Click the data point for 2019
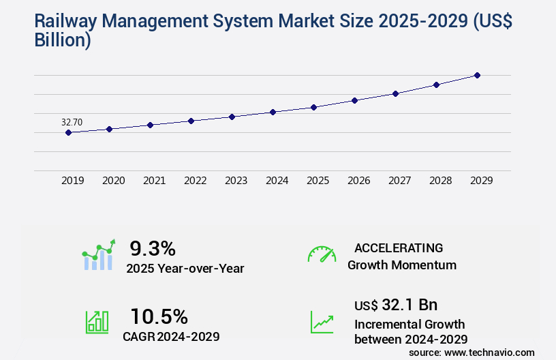click(x=68, y=132)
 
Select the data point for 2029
click(x=477, y=75)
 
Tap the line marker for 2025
click(x=313, y=107)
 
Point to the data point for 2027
click(x=395, y=93)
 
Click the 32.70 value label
click(x=72, y=122)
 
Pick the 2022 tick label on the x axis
click(x=195, y=181)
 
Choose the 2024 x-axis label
click(x=277, y=181)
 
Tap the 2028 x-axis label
click(x=440, y=181)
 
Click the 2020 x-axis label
click(x=113, y=181)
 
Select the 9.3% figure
click(x=153, y=247)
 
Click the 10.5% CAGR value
click(x=159, y=316)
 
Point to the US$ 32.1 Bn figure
click(x=396, y=305)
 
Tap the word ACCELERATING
click(x=399, y=247)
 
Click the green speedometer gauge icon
click(x=322, y=254)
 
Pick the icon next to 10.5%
click(x=97, y=322)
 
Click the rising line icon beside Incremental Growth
click(x=322, y=322)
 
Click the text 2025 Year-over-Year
click(x=185, y=269)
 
